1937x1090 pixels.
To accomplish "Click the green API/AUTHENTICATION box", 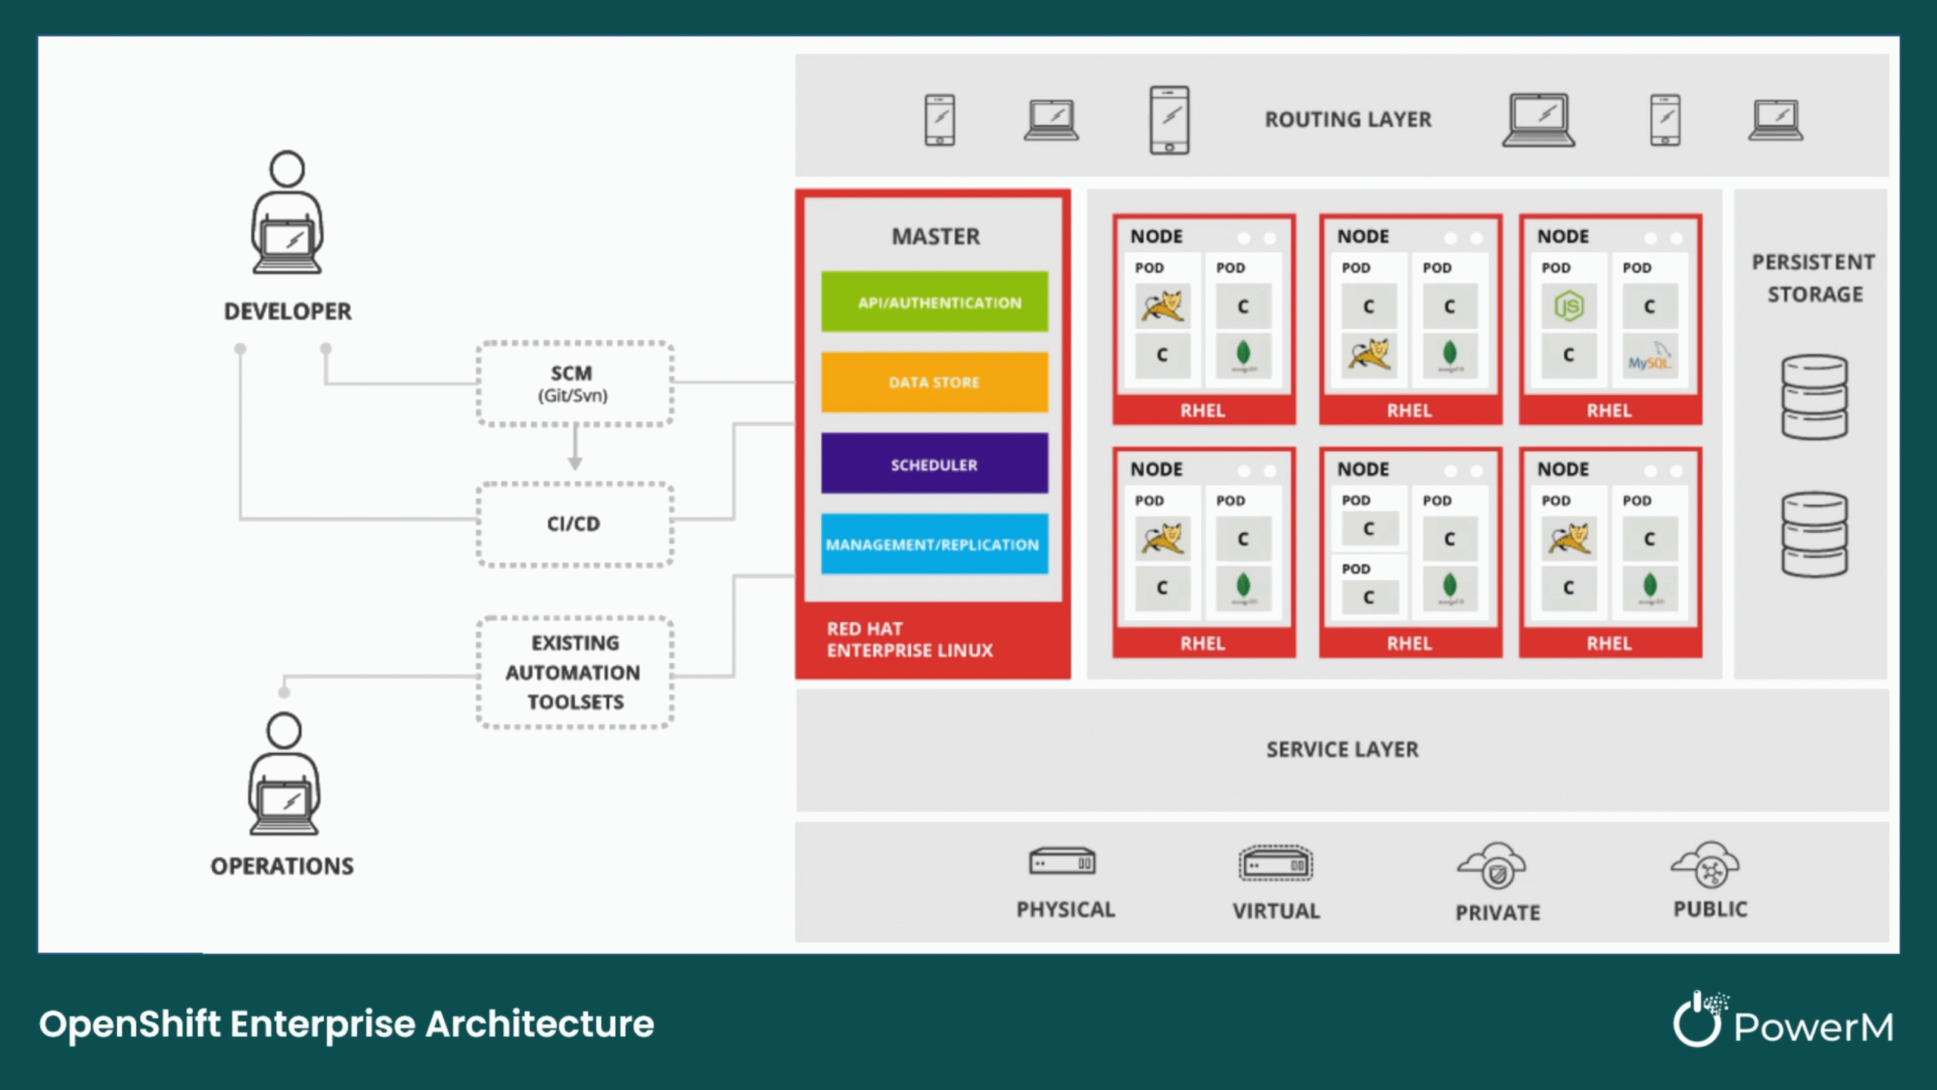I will pos(934,302).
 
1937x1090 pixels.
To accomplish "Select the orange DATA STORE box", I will pos(934,382).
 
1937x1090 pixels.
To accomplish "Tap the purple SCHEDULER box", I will pos(934,464).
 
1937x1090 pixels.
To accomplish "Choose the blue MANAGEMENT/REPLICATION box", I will pos(934,544).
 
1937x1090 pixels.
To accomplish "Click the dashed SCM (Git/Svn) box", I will pos(574,384).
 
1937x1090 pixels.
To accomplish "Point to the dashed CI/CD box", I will pos(574,524).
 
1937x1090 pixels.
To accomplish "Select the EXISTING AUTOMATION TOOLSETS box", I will pos(574,672).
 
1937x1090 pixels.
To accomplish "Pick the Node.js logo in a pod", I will pos(1569,307).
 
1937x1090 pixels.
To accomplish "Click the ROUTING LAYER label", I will pos(1348,120).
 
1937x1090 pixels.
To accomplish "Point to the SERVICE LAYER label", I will pos(1342,749).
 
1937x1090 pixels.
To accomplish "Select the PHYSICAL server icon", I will pos(1062,861).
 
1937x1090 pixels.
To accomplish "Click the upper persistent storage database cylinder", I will pos(1814,397).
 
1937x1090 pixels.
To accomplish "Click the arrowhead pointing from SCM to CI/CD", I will pos(575,463).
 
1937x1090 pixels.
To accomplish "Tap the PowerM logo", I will pos(1783,1022).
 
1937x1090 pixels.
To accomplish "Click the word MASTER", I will pos(935,237).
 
